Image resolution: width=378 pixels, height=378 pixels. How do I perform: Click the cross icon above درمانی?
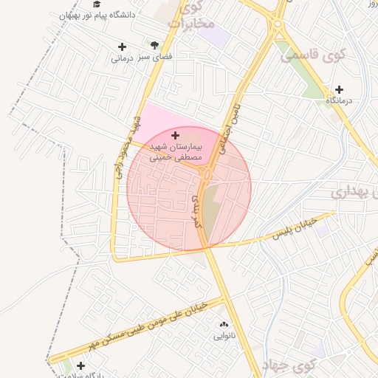click(122, 47)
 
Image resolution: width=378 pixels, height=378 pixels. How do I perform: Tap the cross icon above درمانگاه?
click(339, 90)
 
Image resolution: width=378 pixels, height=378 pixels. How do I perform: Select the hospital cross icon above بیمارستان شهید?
click(175, 135)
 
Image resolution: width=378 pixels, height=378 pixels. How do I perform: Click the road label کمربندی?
click(196, 215)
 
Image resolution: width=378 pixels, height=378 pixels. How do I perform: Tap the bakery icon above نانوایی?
click(223, 324)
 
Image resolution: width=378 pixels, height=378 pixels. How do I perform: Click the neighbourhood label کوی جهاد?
click(293, 364)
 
